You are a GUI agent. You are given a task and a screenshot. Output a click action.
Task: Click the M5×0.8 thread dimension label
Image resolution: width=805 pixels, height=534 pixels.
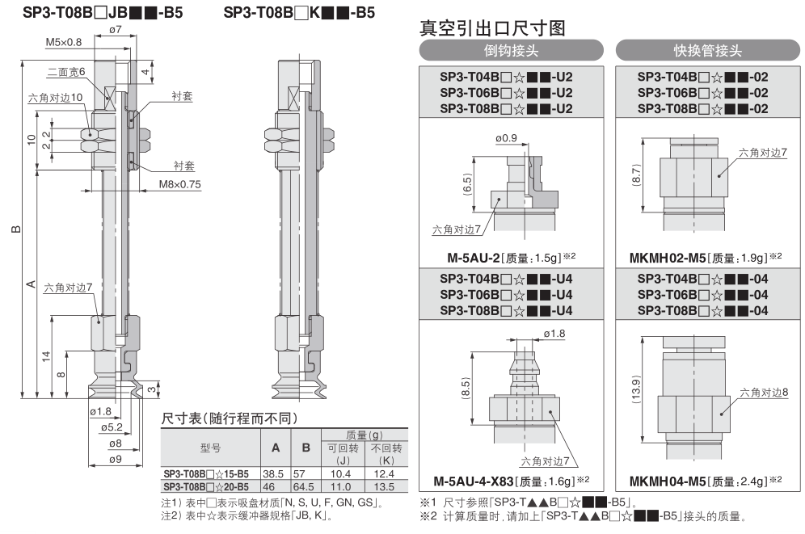64,41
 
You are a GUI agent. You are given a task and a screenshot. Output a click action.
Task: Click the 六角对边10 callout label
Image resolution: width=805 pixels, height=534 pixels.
56,98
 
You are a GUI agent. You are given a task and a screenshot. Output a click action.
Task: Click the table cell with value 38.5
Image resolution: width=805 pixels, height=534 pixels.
273,473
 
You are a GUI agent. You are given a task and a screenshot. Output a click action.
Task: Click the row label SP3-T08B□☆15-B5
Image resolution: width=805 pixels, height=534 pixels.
206,473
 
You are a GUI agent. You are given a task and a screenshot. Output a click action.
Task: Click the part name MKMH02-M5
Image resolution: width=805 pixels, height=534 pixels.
667,257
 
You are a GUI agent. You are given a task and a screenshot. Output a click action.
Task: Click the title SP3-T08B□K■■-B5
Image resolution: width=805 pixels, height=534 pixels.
299,12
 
